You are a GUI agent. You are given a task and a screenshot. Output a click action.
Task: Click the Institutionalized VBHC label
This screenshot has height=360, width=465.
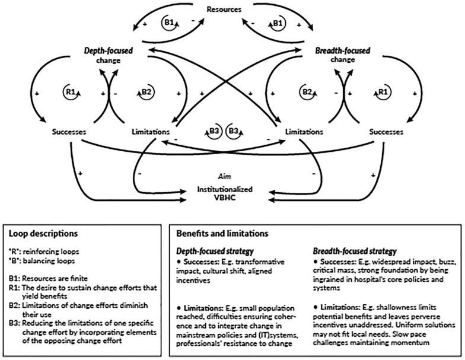tap(225, 193)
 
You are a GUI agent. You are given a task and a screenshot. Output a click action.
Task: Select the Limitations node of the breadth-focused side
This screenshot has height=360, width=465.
tap(304, 132)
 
